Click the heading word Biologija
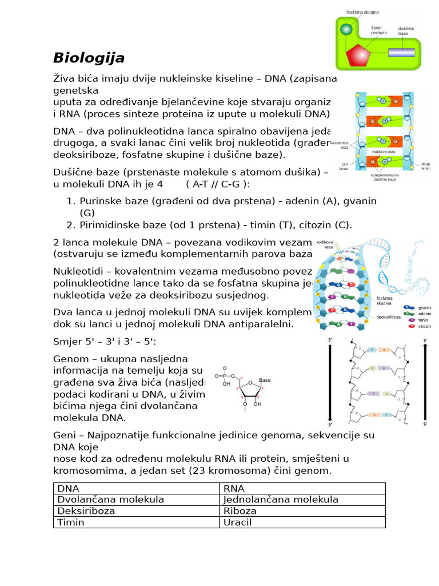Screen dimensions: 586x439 point(89,58)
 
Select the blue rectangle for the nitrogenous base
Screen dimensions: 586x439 point(401,52)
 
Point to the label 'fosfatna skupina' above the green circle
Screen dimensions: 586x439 point(362,12)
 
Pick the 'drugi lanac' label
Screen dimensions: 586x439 point(426,166)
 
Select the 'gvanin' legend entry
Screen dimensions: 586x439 point(424,307)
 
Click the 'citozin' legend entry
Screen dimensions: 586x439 point(424,326)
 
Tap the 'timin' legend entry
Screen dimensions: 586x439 point(423,320)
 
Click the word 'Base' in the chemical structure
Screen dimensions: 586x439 point(265,379)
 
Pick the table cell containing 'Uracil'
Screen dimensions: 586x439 point(302,522)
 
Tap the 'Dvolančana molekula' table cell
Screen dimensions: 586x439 point(136,500)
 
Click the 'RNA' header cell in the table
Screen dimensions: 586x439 point(302,488)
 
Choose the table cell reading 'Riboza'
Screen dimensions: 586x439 point(302,510)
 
